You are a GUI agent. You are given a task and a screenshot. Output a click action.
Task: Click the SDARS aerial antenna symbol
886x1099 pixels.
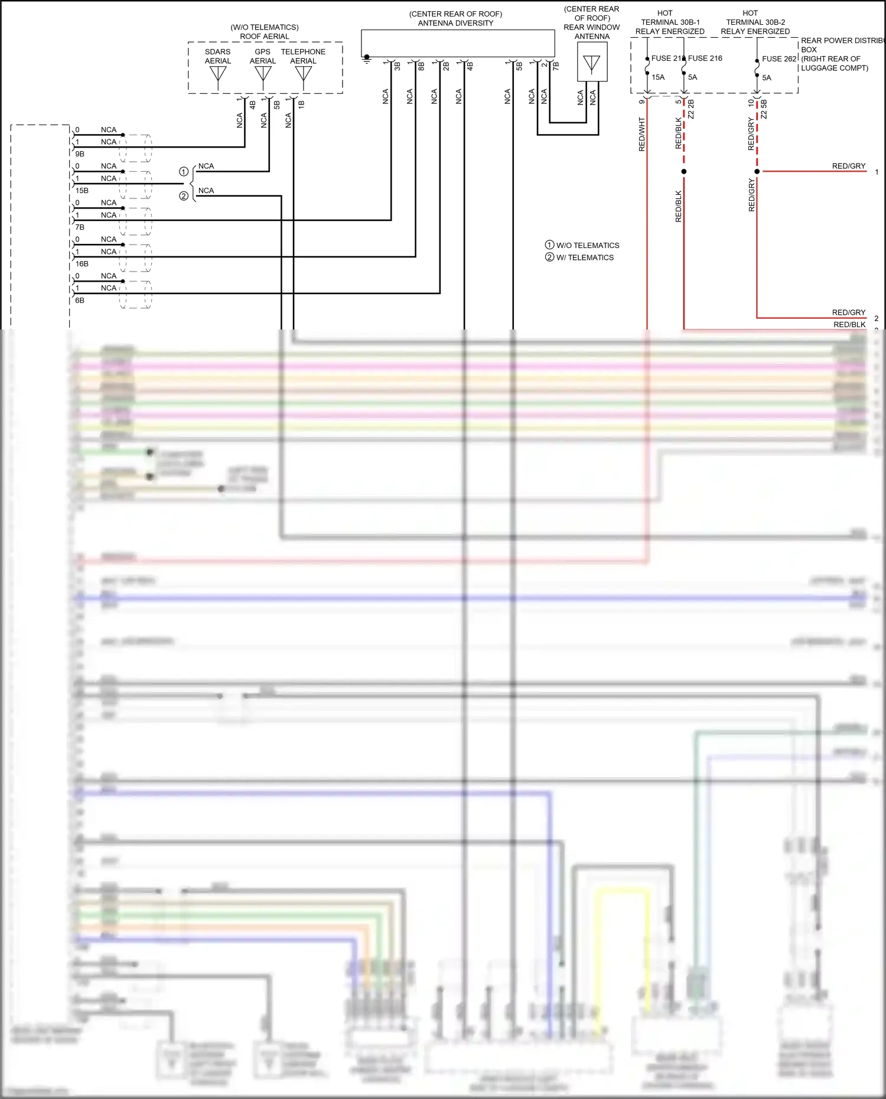tap(218, 74)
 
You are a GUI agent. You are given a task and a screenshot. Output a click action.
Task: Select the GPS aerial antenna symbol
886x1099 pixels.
tap(263, 74)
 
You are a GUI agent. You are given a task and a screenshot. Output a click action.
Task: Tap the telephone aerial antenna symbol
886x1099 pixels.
tap(303, 74)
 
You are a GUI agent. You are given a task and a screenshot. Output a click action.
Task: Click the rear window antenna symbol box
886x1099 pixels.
tap(592, 62)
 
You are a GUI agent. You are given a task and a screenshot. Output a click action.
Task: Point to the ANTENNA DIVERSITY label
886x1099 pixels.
tap(455, 23)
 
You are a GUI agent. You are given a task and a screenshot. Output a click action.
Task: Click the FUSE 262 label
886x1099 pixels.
tap(779, 58)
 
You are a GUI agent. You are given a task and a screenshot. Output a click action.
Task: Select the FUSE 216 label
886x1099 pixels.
tap(705, 58)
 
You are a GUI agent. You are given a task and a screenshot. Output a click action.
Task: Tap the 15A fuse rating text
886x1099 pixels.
tap(658, 77)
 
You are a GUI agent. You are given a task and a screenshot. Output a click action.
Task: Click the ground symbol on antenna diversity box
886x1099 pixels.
tap(367, 58)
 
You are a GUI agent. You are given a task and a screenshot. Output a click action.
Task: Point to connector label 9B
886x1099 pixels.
tap(80, 154)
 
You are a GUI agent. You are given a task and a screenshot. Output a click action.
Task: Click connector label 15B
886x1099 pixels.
tap(82, 191)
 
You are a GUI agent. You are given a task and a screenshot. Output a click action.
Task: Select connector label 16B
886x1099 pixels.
tap(82, 264)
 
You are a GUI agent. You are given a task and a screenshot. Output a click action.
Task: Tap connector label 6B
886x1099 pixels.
tap(80, 301)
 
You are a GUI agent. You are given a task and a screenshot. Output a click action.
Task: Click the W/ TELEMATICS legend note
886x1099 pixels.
tap(585, 257)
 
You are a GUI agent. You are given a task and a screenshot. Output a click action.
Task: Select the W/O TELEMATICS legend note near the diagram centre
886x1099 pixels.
tap(587, 245)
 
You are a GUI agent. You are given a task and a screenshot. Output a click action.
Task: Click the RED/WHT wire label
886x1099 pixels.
tap(642, 135)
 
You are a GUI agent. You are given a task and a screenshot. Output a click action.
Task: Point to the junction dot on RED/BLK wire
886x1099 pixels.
tap(684, 171)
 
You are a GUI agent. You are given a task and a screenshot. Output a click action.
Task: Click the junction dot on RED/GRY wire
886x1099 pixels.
tap(757, 171)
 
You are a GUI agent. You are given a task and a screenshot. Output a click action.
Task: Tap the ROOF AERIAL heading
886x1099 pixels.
tap(264, 37)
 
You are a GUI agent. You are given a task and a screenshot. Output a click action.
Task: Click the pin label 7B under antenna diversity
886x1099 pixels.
tap(556, 66)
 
